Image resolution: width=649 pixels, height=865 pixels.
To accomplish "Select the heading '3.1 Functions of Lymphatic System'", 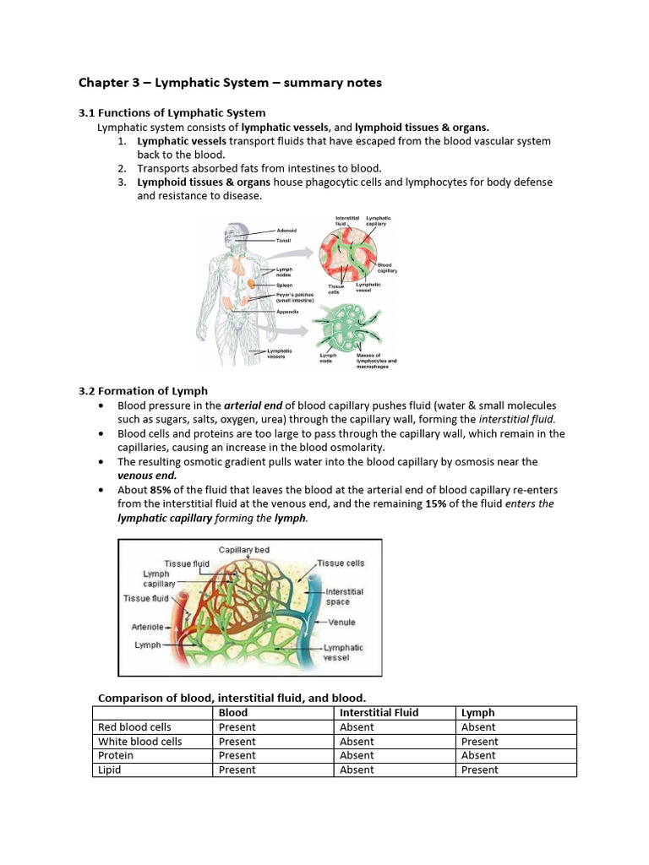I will click(172, 112).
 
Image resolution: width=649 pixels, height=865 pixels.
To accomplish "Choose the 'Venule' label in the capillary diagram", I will click(341, 623).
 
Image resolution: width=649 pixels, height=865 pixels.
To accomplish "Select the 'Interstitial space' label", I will click(344, 596).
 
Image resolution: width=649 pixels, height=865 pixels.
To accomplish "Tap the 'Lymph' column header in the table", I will click(477, 713).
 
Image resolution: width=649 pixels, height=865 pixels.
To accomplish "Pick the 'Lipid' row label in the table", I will click(110, 770).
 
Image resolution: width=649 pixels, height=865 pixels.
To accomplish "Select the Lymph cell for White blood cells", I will click(479, 742).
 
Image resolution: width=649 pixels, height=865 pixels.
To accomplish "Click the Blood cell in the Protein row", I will click(237, 755).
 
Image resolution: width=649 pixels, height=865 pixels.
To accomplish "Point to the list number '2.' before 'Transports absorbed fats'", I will click(123, 168).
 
